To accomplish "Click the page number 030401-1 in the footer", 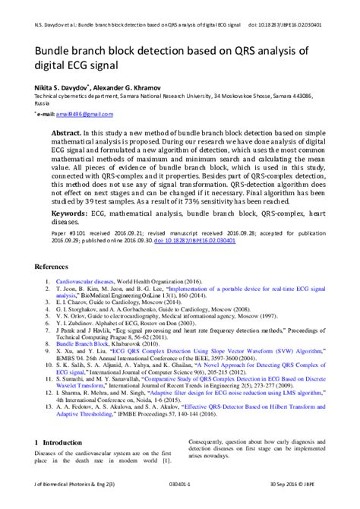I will (182, 503).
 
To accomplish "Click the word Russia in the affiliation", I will (43, 105).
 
